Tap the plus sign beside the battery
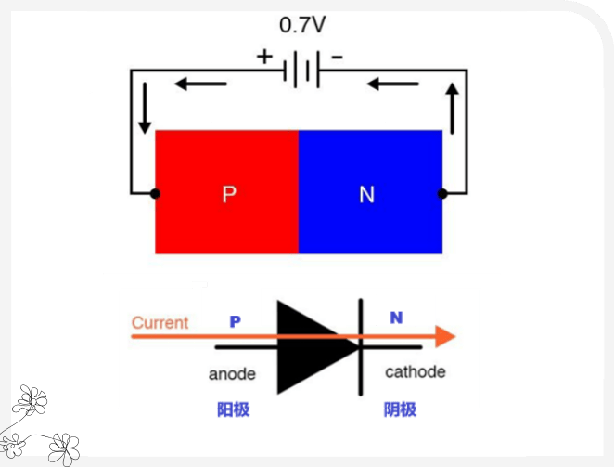pos(265,57)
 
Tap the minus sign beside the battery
pos(337,57)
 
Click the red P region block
pos(226,191)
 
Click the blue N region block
pos(370,191)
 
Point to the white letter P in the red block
pos(229,195)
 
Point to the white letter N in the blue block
pos(367,195)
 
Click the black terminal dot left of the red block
pos(155,193)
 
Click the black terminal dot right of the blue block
pos(442,193)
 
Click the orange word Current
pos(160,323)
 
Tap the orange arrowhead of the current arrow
pos(446,335)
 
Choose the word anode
pos(232,375)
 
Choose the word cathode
pos(415,372)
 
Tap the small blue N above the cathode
pos(396,318)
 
